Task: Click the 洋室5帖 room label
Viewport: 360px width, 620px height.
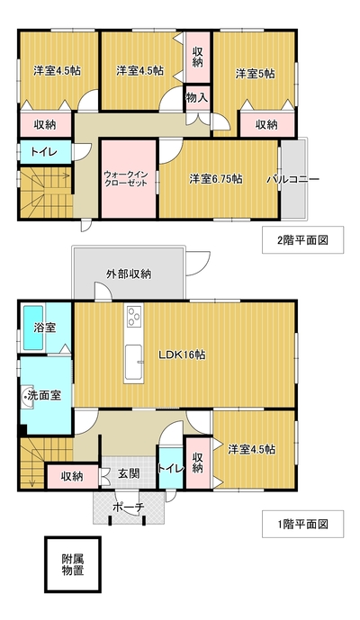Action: [256, 74]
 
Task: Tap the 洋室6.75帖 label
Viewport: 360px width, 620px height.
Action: [216, 179]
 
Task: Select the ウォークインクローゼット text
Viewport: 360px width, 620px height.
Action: [126, 179]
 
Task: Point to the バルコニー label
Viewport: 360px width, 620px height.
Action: [292, 179]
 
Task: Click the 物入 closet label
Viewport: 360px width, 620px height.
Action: [197, 98]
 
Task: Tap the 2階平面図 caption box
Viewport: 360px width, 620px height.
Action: [302, 240]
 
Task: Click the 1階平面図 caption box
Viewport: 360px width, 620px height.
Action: [302, 524]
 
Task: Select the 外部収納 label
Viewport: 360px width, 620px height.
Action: [129, 274]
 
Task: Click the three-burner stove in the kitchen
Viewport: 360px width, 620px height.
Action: [133, 316]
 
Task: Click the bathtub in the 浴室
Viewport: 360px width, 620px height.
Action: [33, 327]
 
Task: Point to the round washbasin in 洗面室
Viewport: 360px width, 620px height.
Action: [27, 395]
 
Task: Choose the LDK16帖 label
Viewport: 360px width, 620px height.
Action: [182, 355]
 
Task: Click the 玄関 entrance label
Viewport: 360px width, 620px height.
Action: [129, 473]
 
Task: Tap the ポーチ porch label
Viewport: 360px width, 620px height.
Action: [129, 507]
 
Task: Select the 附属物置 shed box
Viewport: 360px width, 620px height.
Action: [73, 564]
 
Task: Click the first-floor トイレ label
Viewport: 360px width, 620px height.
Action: [171, 469]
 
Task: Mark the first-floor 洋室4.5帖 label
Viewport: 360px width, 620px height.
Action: [252, 450]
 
